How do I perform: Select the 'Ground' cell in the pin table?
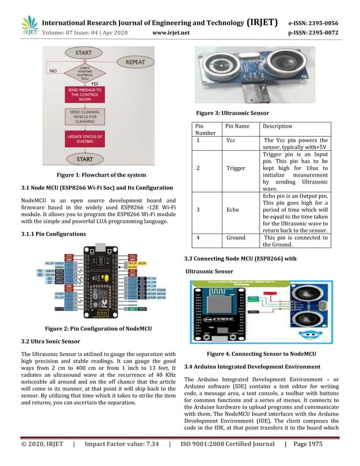click(236, 238)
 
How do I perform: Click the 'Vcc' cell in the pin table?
click(231, 140)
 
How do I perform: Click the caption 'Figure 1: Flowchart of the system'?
click(97, 175)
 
